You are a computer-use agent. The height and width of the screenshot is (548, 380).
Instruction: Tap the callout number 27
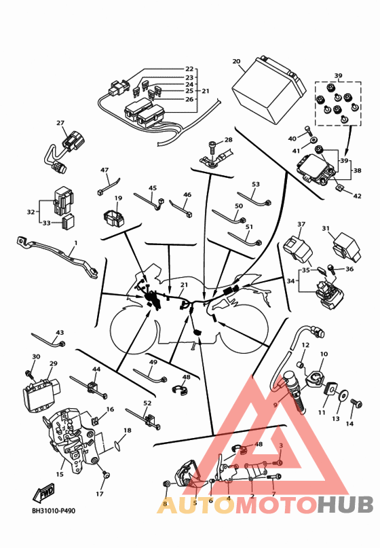60,123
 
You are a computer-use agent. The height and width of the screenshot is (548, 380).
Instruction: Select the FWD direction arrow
43,494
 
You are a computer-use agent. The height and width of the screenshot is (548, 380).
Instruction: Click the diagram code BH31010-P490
54,511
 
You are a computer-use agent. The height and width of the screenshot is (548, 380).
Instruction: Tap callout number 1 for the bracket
76,243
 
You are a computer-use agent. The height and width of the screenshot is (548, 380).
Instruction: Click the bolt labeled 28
212,146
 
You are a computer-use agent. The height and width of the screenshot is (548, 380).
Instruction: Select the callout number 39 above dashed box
338,75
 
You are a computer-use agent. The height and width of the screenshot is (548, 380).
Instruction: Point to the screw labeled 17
105,475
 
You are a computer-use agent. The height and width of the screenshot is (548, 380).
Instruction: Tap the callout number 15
60,474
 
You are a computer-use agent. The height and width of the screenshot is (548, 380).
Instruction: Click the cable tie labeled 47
109,186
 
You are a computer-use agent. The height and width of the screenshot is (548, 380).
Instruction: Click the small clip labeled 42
340,188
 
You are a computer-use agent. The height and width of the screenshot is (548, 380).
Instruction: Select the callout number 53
256,184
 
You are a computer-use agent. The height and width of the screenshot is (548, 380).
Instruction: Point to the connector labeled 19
114,219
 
